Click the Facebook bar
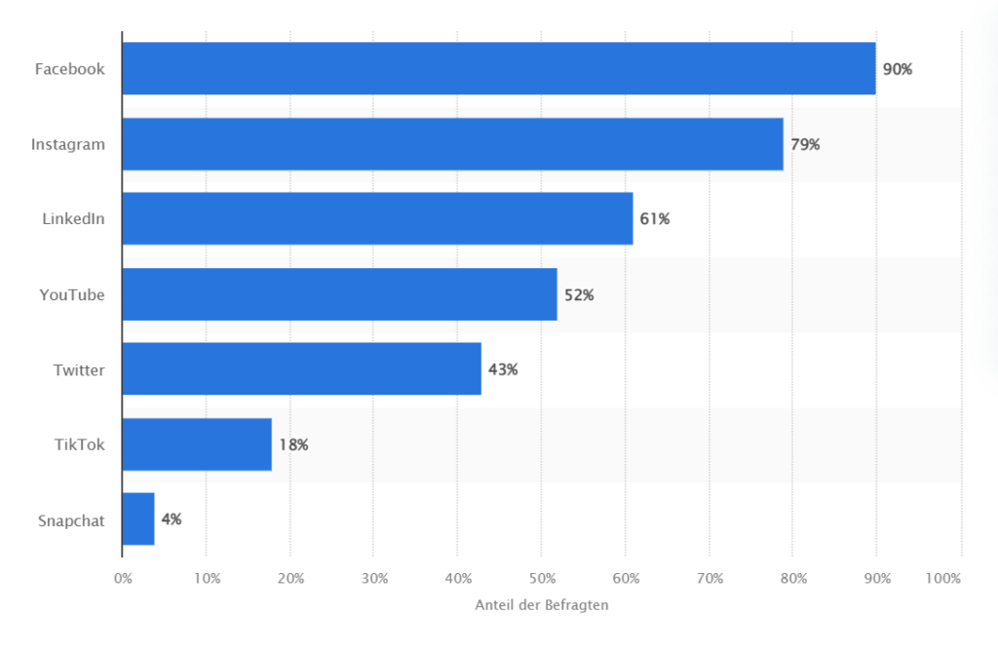point(499,68)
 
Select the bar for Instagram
point(453,144)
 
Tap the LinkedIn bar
point(377,218)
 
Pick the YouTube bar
point(339,294)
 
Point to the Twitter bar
point(301,368)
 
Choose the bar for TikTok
point(197,444)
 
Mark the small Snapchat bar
point(138,519)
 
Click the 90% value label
point(897,69)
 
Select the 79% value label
point(805,144)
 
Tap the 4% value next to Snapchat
point(172,519)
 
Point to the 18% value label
point(293,444)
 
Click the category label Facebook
point(69,69)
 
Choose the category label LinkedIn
point(73,219)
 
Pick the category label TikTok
point(79,444)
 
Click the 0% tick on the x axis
point(123,579)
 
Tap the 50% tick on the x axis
point(542,579)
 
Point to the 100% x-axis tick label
point(942,579)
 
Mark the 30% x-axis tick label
point(374,579)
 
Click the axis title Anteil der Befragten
point(542,605)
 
